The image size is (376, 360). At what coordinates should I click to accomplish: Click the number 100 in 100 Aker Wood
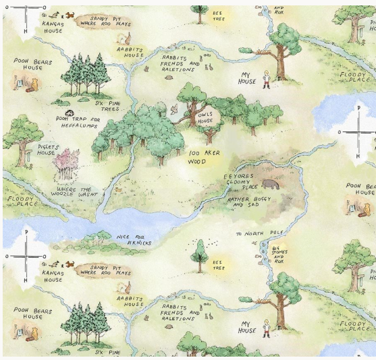tap(194, 154)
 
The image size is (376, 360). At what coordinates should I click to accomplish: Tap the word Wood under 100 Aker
tap(196, 162)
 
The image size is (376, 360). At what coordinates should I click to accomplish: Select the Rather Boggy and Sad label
tap(248, 203)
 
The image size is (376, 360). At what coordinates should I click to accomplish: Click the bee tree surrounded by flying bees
tap(199, 252)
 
